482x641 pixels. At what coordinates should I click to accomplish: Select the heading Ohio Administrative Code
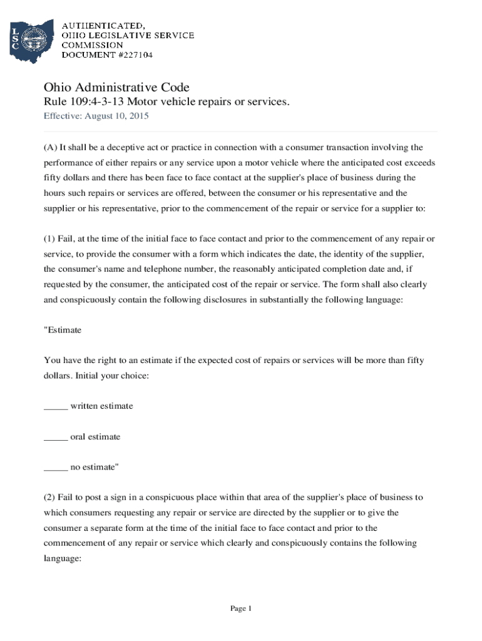tap(116, 87)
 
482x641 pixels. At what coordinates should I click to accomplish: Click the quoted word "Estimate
tap(63, 330)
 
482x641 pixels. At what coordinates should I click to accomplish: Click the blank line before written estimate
tap(55, 406)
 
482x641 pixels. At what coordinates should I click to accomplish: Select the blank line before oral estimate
tap(55, 437)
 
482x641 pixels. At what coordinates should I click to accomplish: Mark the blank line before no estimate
tap(55, 467)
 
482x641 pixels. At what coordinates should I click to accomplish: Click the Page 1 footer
tap(240, 608)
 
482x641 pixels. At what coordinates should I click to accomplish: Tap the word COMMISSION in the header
tap(92, 45)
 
